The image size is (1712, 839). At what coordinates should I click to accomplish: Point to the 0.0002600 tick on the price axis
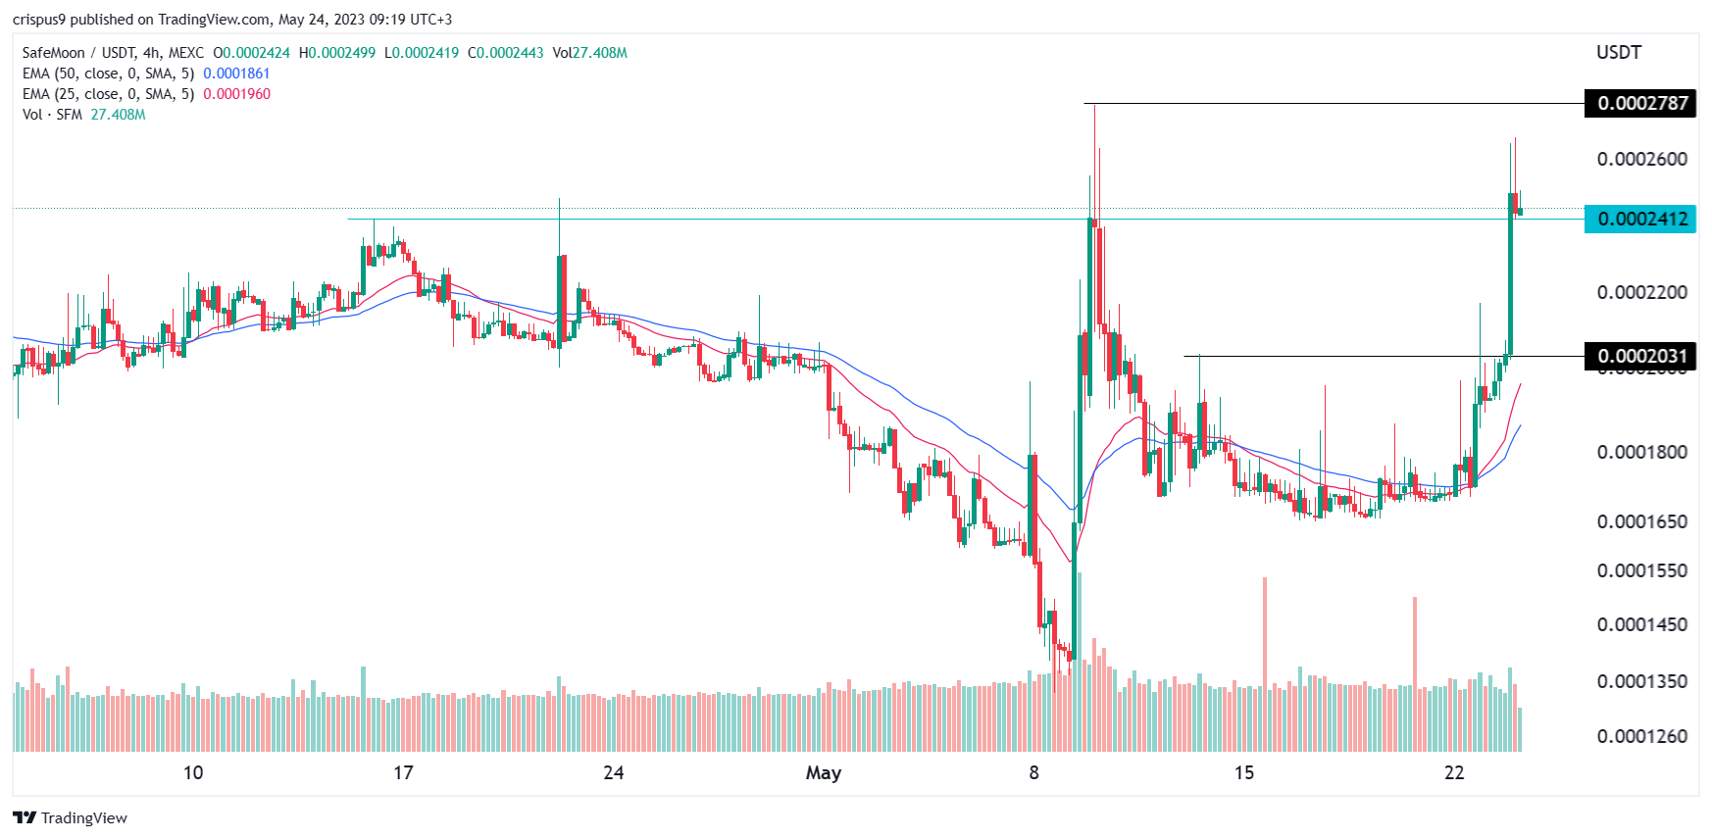pos(1641,159)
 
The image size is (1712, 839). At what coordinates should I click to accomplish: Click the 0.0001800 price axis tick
pos(1641,452)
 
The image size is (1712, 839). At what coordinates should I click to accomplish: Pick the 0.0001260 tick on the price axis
pos(1641,736)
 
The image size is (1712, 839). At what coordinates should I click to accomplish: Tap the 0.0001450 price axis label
pos(1641,624)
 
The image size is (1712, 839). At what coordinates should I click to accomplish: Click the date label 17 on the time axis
pos(403,772)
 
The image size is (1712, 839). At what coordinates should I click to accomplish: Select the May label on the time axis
pos(824,772)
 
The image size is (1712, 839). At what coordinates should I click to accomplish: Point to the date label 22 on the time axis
pos(1454,772)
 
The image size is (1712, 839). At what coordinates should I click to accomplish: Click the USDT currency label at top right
pos(1618,53)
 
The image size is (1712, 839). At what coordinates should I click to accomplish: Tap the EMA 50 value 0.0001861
pos(236,74)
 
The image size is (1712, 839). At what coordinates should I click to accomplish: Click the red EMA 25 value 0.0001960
pos(236,94)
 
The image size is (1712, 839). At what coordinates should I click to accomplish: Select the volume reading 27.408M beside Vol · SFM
pos(118,115)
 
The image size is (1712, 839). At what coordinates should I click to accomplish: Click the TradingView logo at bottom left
pos(71,817)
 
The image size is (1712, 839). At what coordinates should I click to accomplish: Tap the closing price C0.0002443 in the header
pos(506,53)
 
